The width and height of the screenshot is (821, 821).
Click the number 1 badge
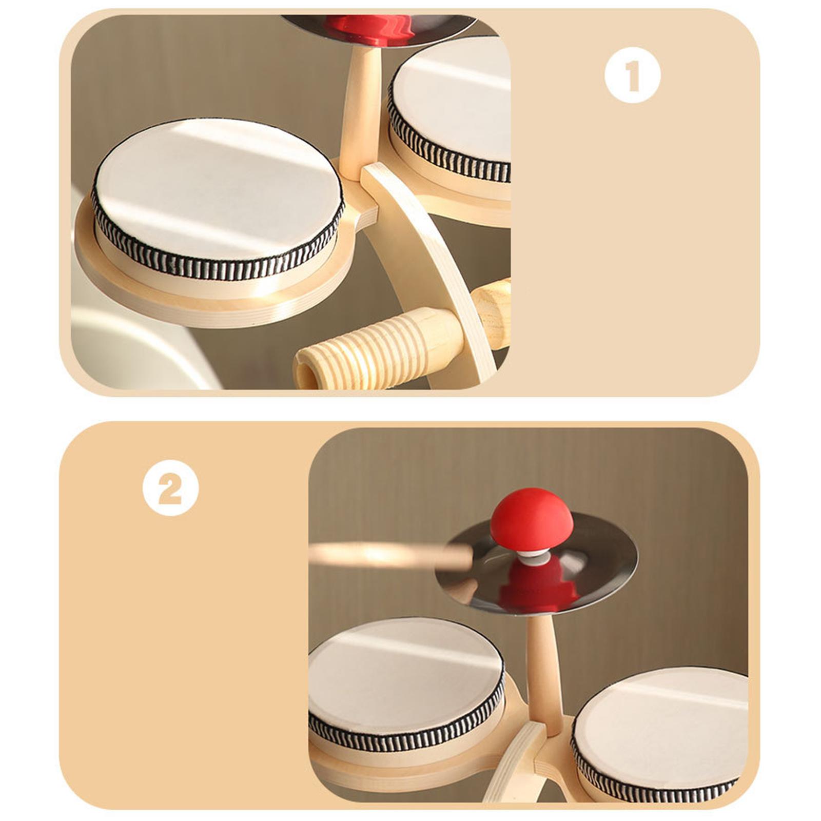(x=632, y=75)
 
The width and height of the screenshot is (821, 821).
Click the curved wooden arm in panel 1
(x=436, y=267)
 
